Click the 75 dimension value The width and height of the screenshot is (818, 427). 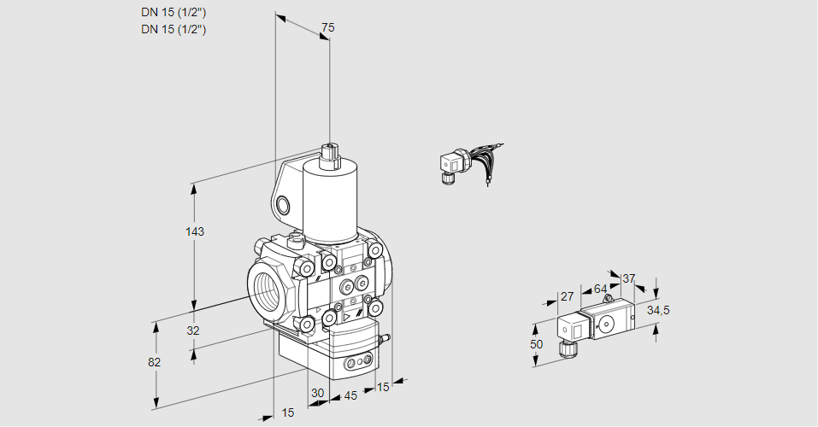coord(327,28)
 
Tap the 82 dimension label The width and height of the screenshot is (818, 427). coord(154,362)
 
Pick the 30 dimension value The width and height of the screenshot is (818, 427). coord(317,394)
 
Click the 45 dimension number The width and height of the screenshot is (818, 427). coord(350,396)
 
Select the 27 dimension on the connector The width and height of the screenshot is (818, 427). coord(566,296)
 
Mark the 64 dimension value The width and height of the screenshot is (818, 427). coord(600,289)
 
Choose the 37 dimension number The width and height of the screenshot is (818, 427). coord(629,278)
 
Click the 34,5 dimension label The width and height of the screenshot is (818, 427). coord(658,310)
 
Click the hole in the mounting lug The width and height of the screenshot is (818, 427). coord(283,204)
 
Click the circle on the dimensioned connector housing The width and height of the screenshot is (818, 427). coord(608,324)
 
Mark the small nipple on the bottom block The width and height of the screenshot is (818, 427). coord(384,340)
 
